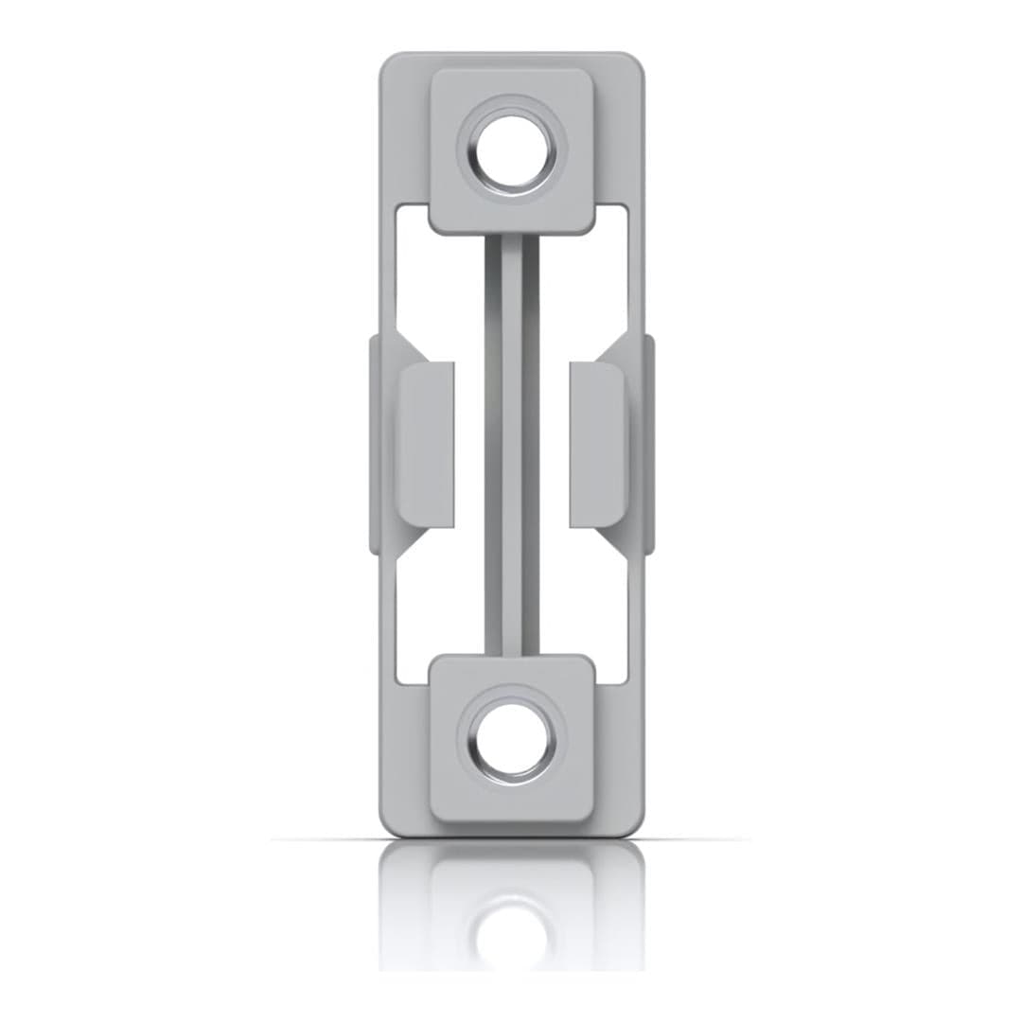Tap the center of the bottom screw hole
[512, 741]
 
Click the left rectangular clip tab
[427, 444]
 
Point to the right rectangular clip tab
[596, 444]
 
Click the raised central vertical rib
[512, 445]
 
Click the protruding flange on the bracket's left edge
[375, 444]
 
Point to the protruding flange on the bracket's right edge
[648, 444]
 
